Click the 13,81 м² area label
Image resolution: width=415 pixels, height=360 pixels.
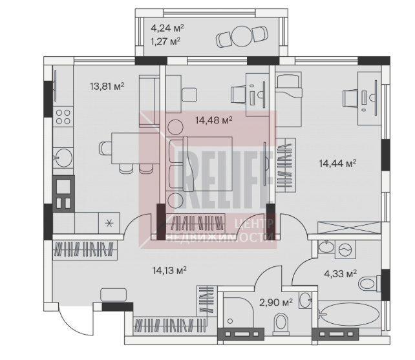tap(107, 87)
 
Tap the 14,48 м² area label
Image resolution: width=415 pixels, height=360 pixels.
tap(213, 120)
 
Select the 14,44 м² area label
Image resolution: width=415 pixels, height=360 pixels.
tap(337, 163)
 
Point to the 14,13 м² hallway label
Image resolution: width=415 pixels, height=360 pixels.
tap(169, 270)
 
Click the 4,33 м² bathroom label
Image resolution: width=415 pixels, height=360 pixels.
tap(341, 273)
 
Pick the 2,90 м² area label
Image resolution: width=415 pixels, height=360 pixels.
tap(276, 302)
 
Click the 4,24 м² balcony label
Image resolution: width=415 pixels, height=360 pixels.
tap(167, 28)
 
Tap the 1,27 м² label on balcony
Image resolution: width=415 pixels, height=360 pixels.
tap(165, 41)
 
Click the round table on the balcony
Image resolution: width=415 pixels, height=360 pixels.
tap(242, 36)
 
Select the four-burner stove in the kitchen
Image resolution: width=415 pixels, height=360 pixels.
tap(63, 117)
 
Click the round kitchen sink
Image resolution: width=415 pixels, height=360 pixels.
tap(63, 158)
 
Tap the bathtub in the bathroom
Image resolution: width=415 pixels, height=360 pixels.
tap(350, 314)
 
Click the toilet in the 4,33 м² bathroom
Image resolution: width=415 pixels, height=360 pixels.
tap(369, 284)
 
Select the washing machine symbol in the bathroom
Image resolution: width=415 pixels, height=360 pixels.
tap(345, 249)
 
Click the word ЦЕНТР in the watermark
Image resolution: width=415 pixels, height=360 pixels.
tap(254, 224)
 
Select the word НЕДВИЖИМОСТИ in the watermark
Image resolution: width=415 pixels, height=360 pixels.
tap(220, 237)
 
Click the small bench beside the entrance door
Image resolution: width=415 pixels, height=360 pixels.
tap(114, 295)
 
